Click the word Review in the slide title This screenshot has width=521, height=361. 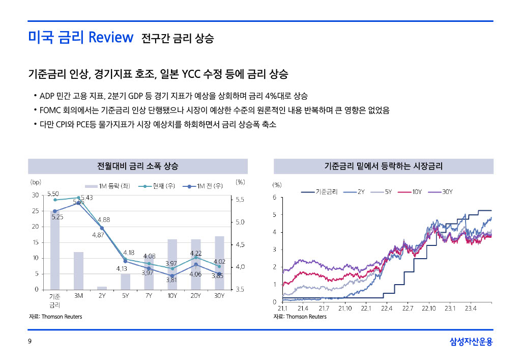tap(110, 37)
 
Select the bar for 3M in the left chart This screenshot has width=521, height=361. tap(78, 270)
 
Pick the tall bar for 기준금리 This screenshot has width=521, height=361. tap(55, 250)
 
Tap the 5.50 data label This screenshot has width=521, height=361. tap(53, 194)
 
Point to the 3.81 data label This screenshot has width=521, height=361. tap(171, 280)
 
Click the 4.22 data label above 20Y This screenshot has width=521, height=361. tap(196, 253)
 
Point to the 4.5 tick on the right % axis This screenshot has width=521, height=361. tap(240, 245)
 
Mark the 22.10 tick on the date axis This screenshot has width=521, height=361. tap(428, 309)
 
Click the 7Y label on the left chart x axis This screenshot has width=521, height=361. tap(148, 295)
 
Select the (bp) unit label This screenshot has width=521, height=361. tap(36, 181)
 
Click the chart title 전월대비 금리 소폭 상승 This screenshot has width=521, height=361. tap(137, 166)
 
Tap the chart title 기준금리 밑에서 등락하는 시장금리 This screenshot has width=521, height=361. tap(383, 166)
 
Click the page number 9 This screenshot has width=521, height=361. tap(30, 342)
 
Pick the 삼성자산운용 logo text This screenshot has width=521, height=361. tap(471, 342)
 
